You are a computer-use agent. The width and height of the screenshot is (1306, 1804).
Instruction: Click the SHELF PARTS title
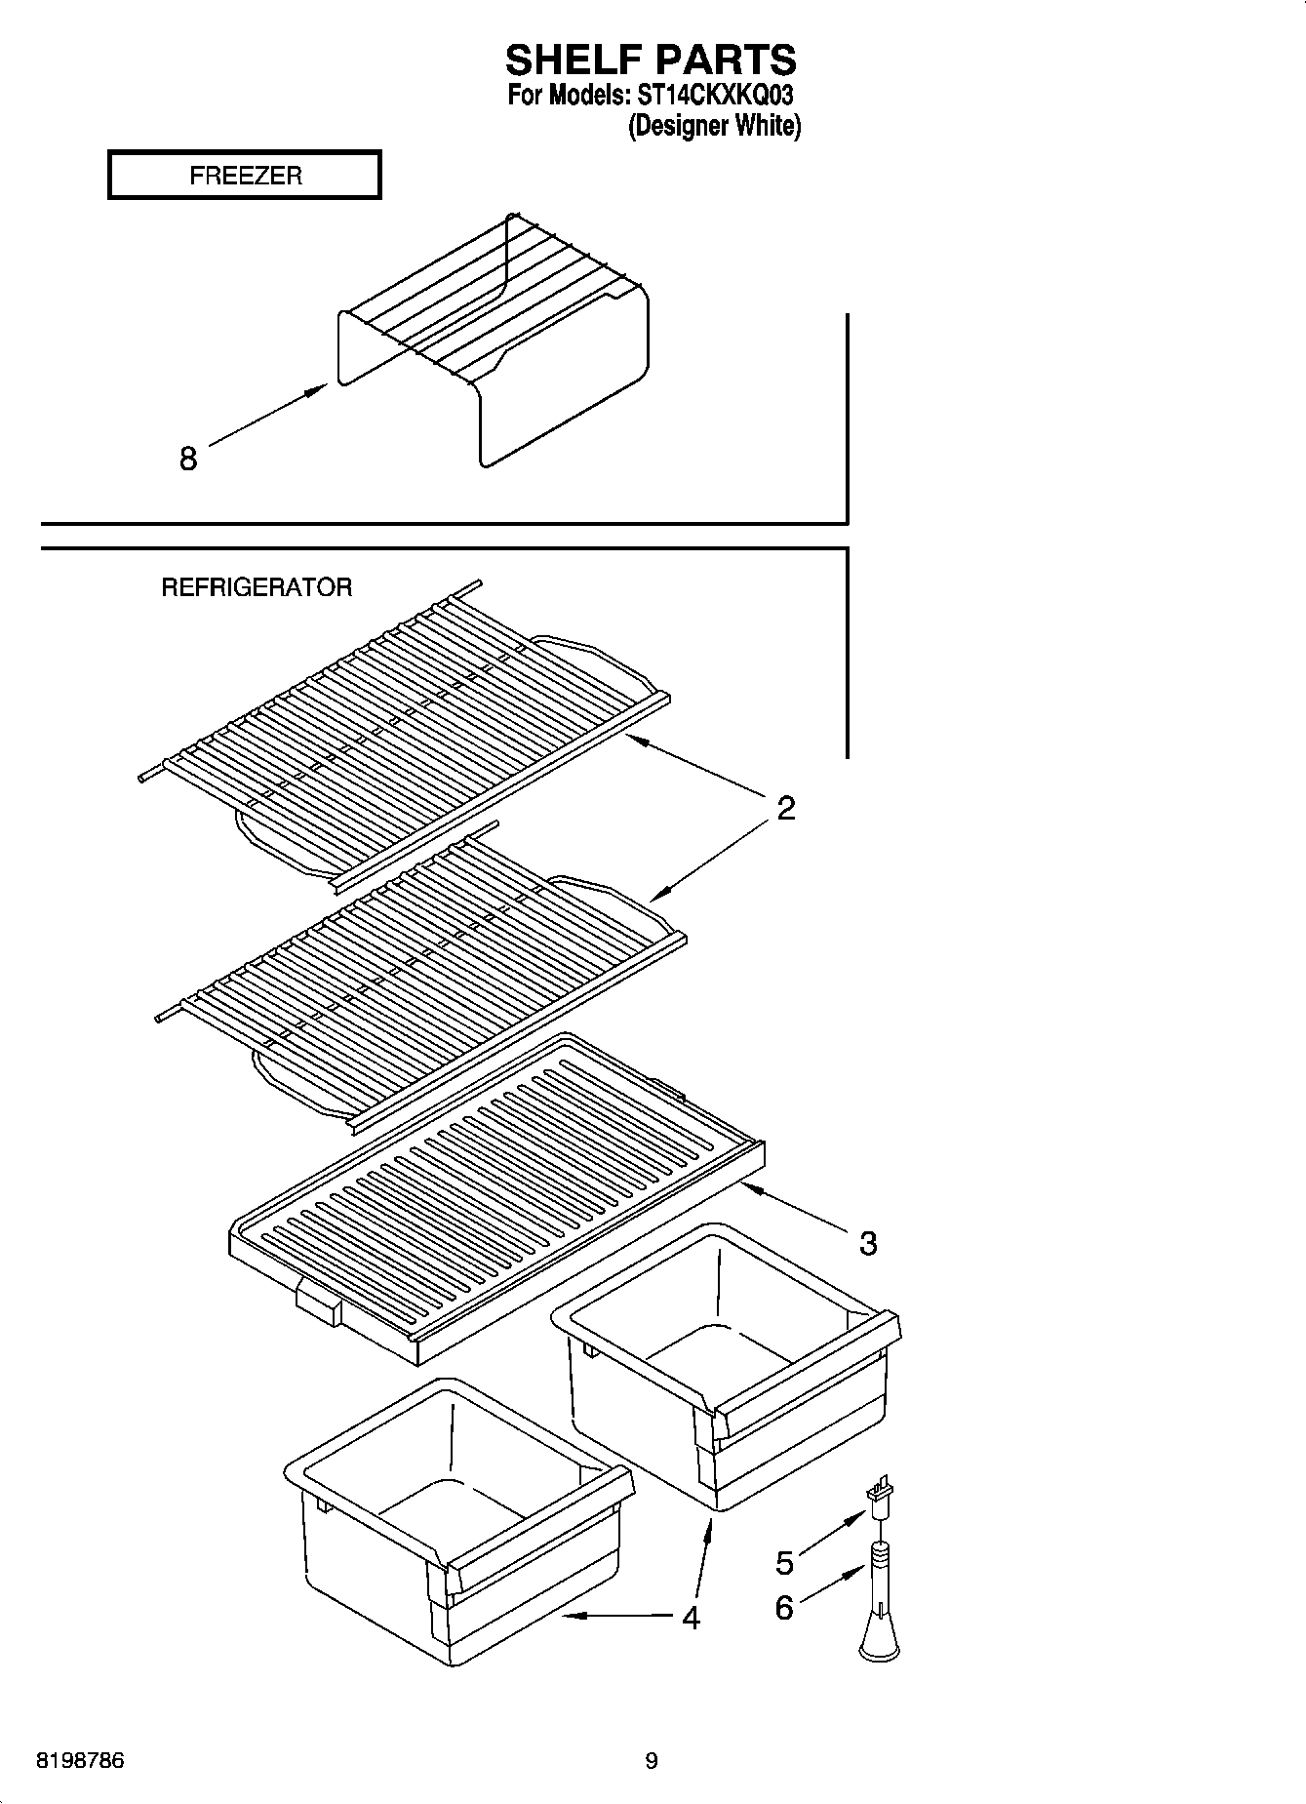tap(651, 60)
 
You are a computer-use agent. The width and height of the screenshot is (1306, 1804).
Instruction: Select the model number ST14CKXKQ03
tap(715, 96)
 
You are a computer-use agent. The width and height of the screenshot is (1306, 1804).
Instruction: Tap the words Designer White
tap(714, 126)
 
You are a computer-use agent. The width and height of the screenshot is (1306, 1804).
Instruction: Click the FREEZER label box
tap(244, 176)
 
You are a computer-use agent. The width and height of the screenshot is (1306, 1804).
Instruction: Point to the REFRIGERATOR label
tap(256, 587)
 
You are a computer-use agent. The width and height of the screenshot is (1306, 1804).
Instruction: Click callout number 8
tap(188, 458)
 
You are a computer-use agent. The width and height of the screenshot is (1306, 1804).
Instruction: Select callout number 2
tap(785, 808)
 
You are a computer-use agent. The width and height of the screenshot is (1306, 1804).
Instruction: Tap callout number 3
tap(867, 1243)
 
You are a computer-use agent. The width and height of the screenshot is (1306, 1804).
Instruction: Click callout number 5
tap(785, 1562)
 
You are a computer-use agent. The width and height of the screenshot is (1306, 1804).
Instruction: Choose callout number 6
tap(785, 1607)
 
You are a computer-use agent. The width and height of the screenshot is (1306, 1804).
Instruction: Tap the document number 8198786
tap(80, 1762)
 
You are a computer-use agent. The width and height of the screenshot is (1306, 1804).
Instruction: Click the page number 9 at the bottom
tap(652, 1761)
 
